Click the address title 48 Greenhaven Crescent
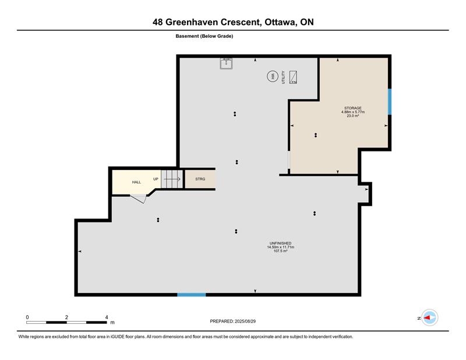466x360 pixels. pyautogui.click(x=207, y=22)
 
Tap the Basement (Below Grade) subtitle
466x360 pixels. pyautogui.click(x=204, y=36)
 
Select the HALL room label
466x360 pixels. pyautogui.click(x=136, y=182)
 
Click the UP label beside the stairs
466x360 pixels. pyautogui.click(x=156, y=179)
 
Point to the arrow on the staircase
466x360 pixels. pyautogui.click(x=172, y=179)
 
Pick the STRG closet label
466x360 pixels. pyautogui.click(x=200, y=179)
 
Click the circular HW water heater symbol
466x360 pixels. pyautogui.click(x=272, y=76)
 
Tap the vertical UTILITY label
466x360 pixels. pyautogui.click(x=283, y=77)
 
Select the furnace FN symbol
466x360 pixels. pyautogui.click(x=294, y=77)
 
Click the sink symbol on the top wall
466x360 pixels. pyautogui.click(x=226, y=63)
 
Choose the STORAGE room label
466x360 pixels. pyautogui.click(x=353, y=108)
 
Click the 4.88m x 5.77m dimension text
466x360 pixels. pyautogui.click(x=353, y=112)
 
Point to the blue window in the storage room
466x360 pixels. pyautogui.click(x=390, y=102)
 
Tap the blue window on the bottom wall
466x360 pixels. pyautogui.click(x=192, y=295)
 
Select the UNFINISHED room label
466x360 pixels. pyautogui.click(x=280, y=243)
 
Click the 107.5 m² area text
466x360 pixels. pyautogui.click(x=280, y=251)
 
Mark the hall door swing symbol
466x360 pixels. pyautogui.click(x=139, y=199)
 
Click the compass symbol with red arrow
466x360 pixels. pyautogui.click(x=430, y=317)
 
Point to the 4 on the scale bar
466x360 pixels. pyautogui.click(x=107, y=317)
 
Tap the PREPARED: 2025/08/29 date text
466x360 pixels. pyautogui.click(x=232, y=321)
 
